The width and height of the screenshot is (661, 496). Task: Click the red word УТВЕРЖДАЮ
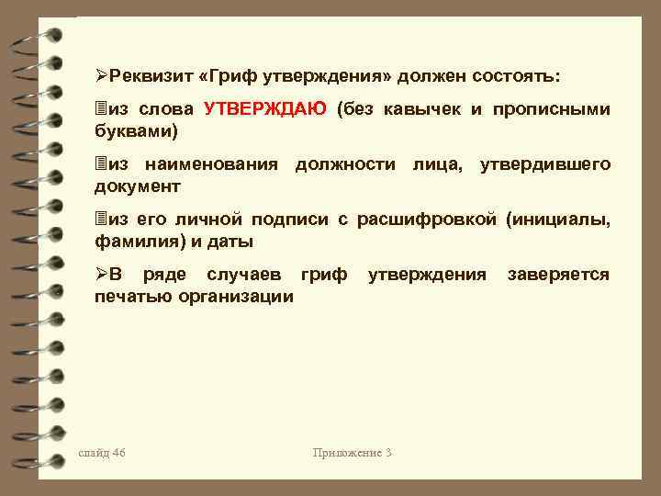point(264,109)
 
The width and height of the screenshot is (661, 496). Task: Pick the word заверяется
point(559,275)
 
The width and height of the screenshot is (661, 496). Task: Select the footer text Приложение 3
point(353,453)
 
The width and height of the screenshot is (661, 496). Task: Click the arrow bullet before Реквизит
point(102,73)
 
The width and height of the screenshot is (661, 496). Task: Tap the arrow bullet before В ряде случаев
point(102,275)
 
